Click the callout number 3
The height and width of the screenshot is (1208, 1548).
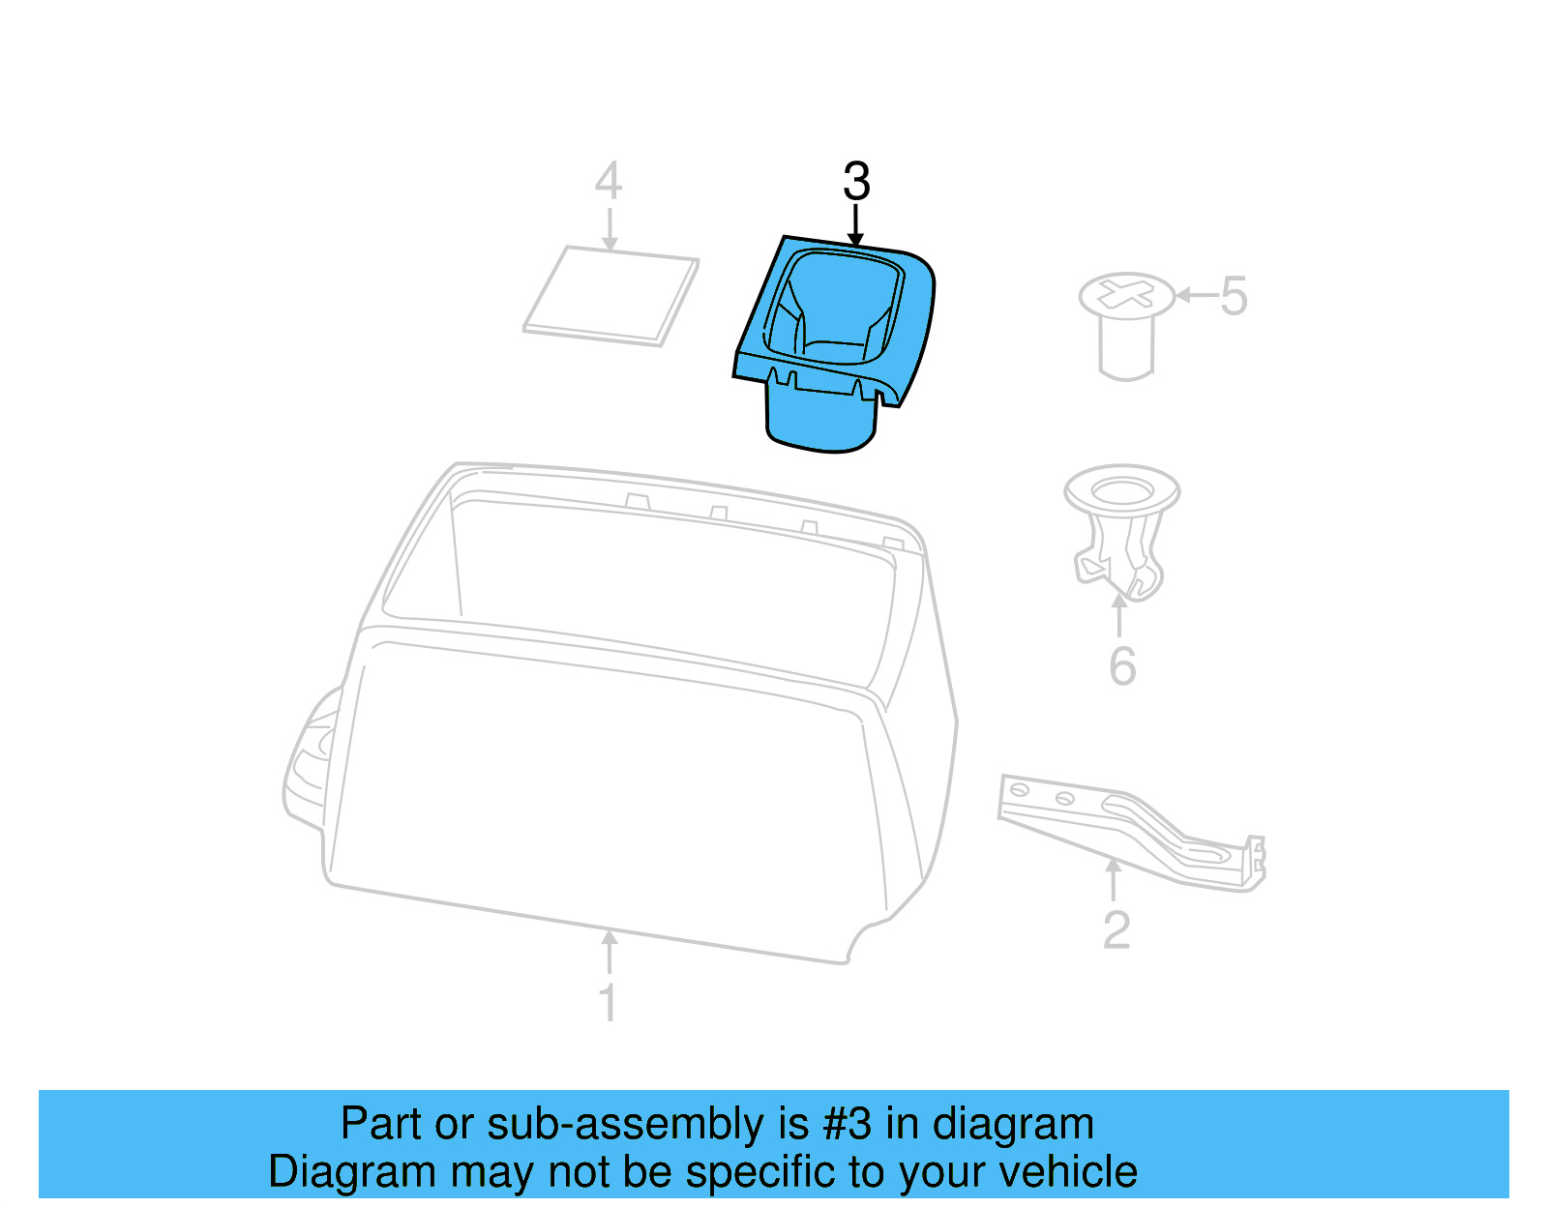click(856, 181)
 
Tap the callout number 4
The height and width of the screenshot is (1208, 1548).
click(608, 181)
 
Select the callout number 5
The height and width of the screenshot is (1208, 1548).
click(1234, 296)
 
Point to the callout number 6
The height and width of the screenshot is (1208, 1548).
click(1122, 666)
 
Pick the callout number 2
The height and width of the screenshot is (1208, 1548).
click(1116, 930)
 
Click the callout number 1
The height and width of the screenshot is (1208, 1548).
click(609, 1002)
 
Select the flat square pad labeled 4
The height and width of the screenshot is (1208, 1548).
click(611, 295)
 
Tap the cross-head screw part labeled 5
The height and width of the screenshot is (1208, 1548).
click(1126, 324)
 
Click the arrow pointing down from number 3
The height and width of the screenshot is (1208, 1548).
click(855, 224)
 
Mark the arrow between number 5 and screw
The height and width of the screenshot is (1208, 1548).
click(1196, 295)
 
